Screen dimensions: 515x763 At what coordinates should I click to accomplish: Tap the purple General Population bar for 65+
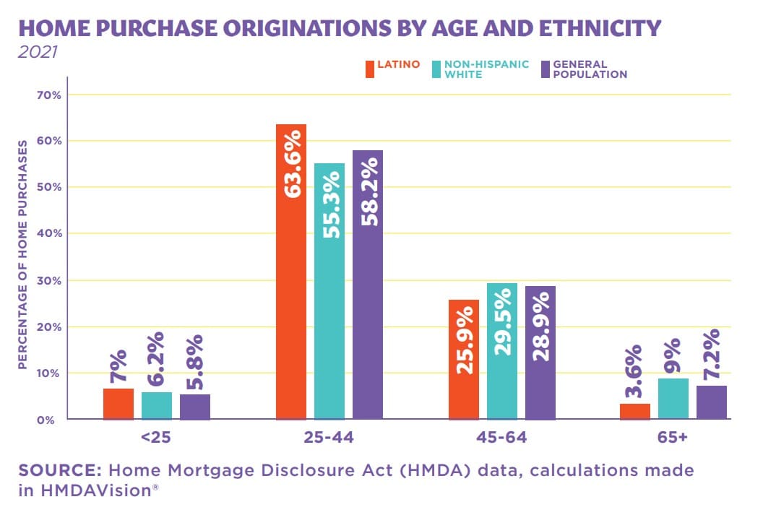[x=712, y=402]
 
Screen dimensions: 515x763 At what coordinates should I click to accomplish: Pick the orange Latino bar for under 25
[x=118, y=404]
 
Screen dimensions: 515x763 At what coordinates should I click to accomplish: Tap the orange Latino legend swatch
[x=370, y=69]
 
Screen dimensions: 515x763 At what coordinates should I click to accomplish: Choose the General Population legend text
[x=590, y=69]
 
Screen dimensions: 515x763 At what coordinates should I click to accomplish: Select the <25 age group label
[x=156, y=438]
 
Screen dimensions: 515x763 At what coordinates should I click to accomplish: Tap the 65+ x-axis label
[x=673, y=438]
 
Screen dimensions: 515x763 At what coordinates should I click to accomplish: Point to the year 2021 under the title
[x=34, y=53]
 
